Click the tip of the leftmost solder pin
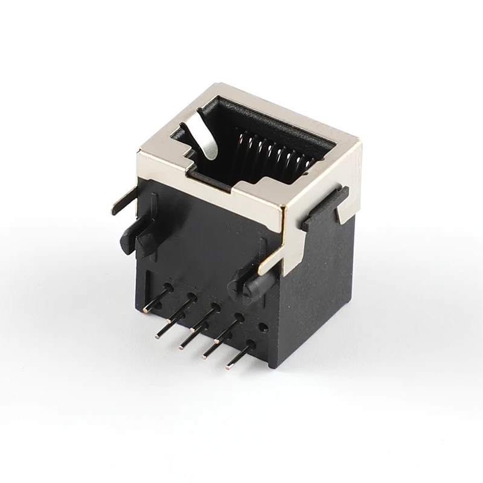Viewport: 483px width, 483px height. [147, 310]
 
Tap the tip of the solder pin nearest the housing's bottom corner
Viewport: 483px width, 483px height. [228, 366]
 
